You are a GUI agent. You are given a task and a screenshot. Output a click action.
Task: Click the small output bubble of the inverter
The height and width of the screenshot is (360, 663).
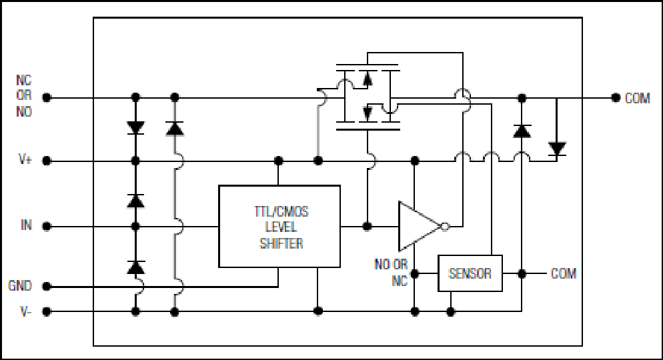pos(445,227)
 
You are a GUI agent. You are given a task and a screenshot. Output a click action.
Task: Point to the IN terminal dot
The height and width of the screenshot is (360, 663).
pos(47,227)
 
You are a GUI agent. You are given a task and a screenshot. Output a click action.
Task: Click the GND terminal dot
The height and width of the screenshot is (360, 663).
pos(47,286)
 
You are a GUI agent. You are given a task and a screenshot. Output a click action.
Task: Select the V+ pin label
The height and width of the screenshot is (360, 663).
pos(25,160)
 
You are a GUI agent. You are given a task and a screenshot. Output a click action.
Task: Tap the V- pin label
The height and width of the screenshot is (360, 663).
pos(25,312)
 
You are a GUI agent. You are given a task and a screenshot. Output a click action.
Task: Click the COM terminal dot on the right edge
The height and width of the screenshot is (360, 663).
pos(616,98)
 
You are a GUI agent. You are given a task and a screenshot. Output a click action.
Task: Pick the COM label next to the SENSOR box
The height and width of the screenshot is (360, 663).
pos(563,274)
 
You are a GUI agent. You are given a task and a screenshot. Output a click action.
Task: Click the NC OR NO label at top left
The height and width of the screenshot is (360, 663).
pos(24,96)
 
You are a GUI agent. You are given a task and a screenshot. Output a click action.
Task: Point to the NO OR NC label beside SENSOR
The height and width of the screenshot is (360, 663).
pos(391,273)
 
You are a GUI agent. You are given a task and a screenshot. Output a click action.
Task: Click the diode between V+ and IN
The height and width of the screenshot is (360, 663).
pos(135,201)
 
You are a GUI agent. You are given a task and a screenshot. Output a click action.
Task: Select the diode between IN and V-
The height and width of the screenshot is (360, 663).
pos(135,267)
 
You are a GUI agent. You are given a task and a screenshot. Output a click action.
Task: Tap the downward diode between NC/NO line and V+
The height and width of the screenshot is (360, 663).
pos(135,127)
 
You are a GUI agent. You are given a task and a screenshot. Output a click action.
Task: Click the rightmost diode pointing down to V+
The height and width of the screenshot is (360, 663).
pos(557,149)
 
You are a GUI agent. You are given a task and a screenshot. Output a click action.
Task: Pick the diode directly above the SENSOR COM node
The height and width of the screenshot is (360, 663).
pos(522,131)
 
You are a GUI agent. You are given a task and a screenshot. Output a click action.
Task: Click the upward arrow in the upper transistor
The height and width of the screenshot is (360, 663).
pos(368,77)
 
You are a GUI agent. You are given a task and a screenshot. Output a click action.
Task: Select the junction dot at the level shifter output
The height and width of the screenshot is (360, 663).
pos(367,227)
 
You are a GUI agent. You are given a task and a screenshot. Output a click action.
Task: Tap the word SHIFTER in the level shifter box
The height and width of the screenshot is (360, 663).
pos(281,243)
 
